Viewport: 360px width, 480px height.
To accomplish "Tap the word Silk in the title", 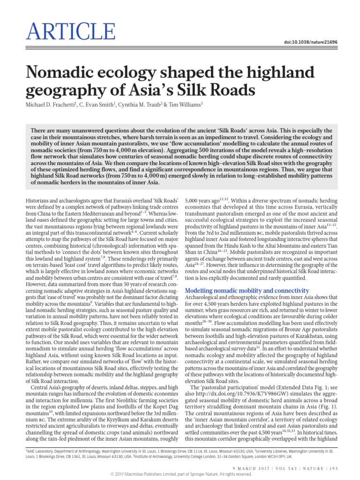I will tap(211, 89).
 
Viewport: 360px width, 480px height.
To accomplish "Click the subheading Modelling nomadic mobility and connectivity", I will tap(247, 291).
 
